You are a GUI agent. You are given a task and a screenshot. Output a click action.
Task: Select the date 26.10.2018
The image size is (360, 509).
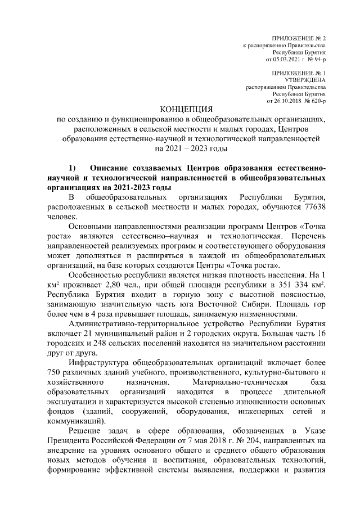285,102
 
